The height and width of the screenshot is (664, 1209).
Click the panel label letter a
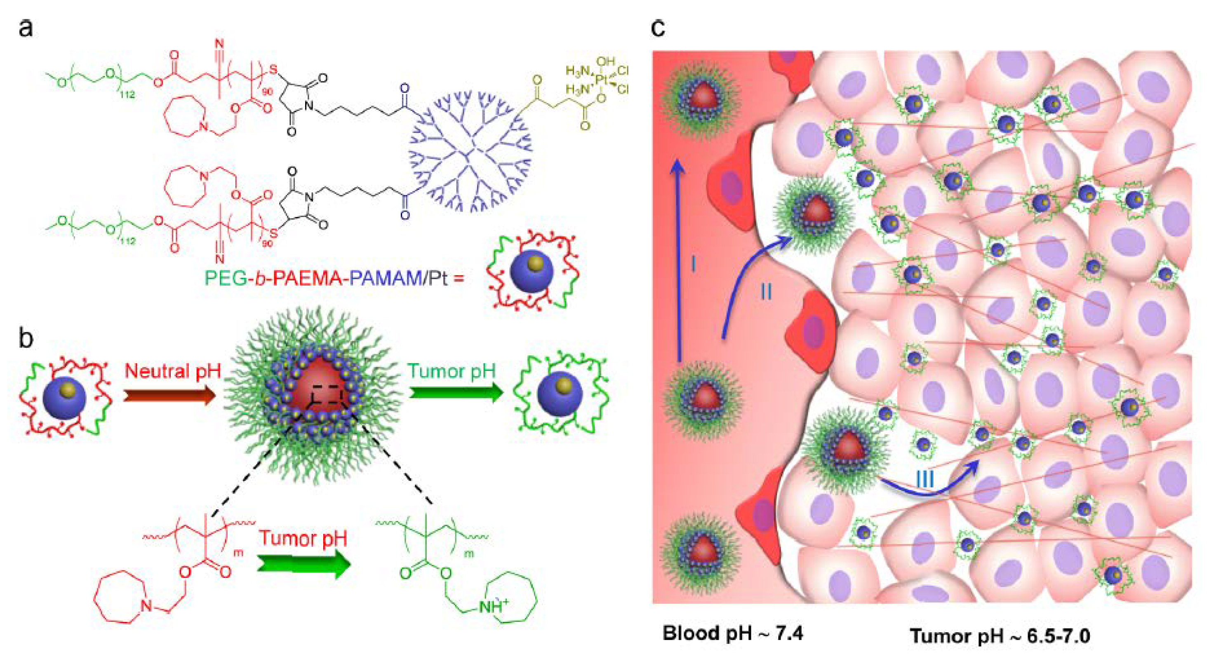(x=26, y=28)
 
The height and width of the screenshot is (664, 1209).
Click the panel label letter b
(x=26, y=338)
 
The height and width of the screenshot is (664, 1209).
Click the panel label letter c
(x=658, y=28)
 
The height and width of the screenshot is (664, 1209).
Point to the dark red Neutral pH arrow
(x=169, y=395)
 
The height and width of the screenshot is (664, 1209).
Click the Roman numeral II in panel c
(x=765, y=293)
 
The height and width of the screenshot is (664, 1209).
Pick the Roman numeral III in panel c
(x=924, y=479)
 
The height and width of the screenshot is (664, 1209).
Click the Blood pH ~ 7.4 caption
(x=733, y=633)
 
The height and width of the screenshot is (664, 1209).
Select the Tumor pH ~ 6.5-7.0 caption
(x=1000, y=636)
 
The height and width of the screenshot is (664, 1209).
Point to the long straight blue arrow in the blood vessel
(x=678, y=263)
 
